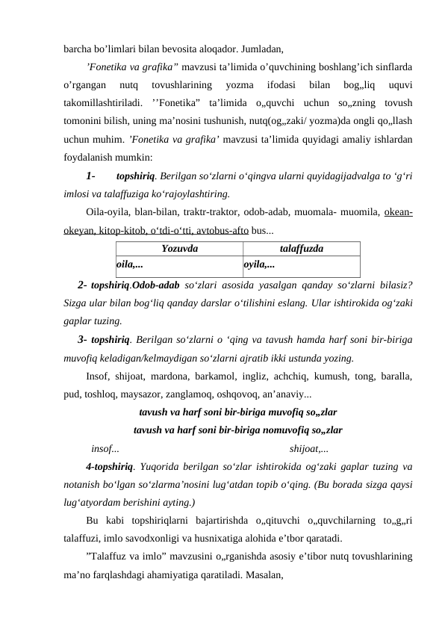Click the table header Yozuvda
click(x=180, y=247)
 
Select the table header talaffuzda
click(x=301, y=247)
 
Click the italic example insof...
click(x=103, y=448)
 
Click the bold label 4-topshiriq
click(x=110, y=467)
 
